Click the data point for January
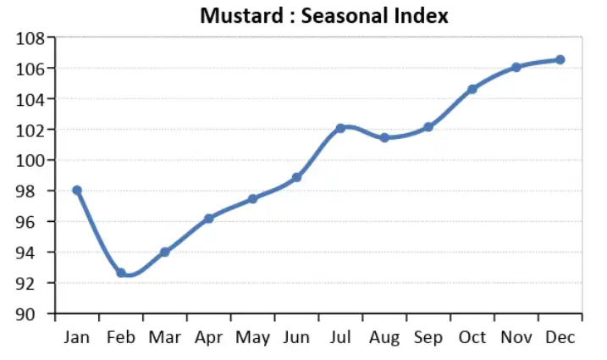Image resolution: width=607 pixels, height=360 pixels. tap(77, 191)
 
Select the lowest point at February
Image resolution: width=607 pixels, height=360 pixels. tap(121, 273)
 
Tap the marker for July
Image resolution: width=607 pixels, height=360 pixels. tap(340, 128)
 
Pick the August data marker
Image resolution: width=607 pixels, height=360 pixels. tap(384, 137)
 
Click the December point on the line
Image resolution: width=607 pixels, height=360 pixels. tap(560, 59)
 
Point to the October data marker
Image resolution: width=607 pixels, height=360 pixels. tap(472, 89)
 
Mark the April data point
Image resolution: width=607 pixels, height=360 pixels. tap(209, 219)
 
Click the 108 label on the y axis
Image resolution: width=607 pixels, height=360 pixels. tap(30, 38)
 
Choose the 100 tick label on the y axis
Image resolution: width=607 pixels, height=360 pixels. tap(30, 161)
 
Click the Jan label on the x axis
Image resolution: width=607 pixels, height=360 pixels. tap(77, 337)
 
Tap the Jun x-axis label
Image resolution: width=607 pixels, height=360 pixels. tap(296, 337)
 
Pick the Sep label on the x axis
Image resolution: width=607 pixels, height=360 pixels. tap(428, 337)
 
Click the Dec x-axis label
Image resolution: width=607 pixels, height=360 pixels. tap(560, 337)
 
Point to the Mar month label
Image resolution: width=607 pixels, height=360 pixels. tap(164, 337)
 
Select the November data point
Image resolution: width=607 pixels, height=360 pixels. tap(516, 67)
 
